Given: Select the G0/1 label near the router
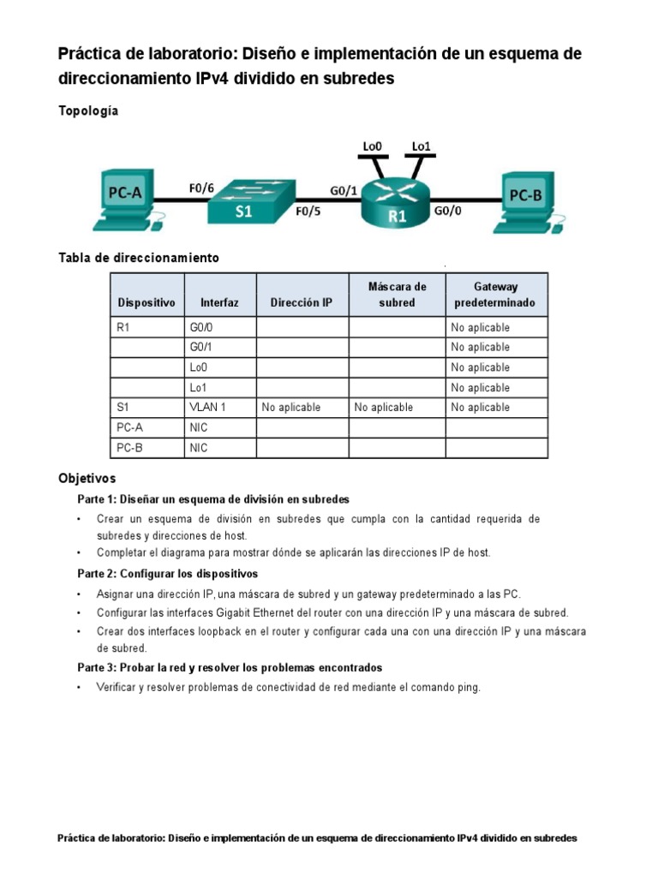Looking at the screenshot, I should point(344,190).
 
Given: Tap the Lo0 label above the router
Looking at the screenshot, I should point(372,146).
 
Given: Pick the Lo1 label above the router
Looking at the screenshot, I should point(421,146).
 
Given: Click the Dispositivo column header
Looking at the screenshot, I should point(147,302).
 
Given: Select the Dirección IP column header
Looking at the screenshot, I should point(302,302).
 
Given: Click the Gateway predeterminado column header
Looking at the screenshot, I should point(496,295).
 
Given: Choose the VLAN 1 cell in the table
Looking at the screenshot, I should point(207,407).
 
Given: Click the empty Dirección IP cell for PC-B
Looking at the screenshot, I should point(302,447).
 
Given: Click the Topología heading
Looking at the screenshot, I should point(88,110).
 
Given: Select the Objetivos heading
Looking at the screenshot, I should point(87,478).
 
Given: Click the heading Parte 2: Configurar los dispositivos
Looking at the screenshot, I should point(167,573).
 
